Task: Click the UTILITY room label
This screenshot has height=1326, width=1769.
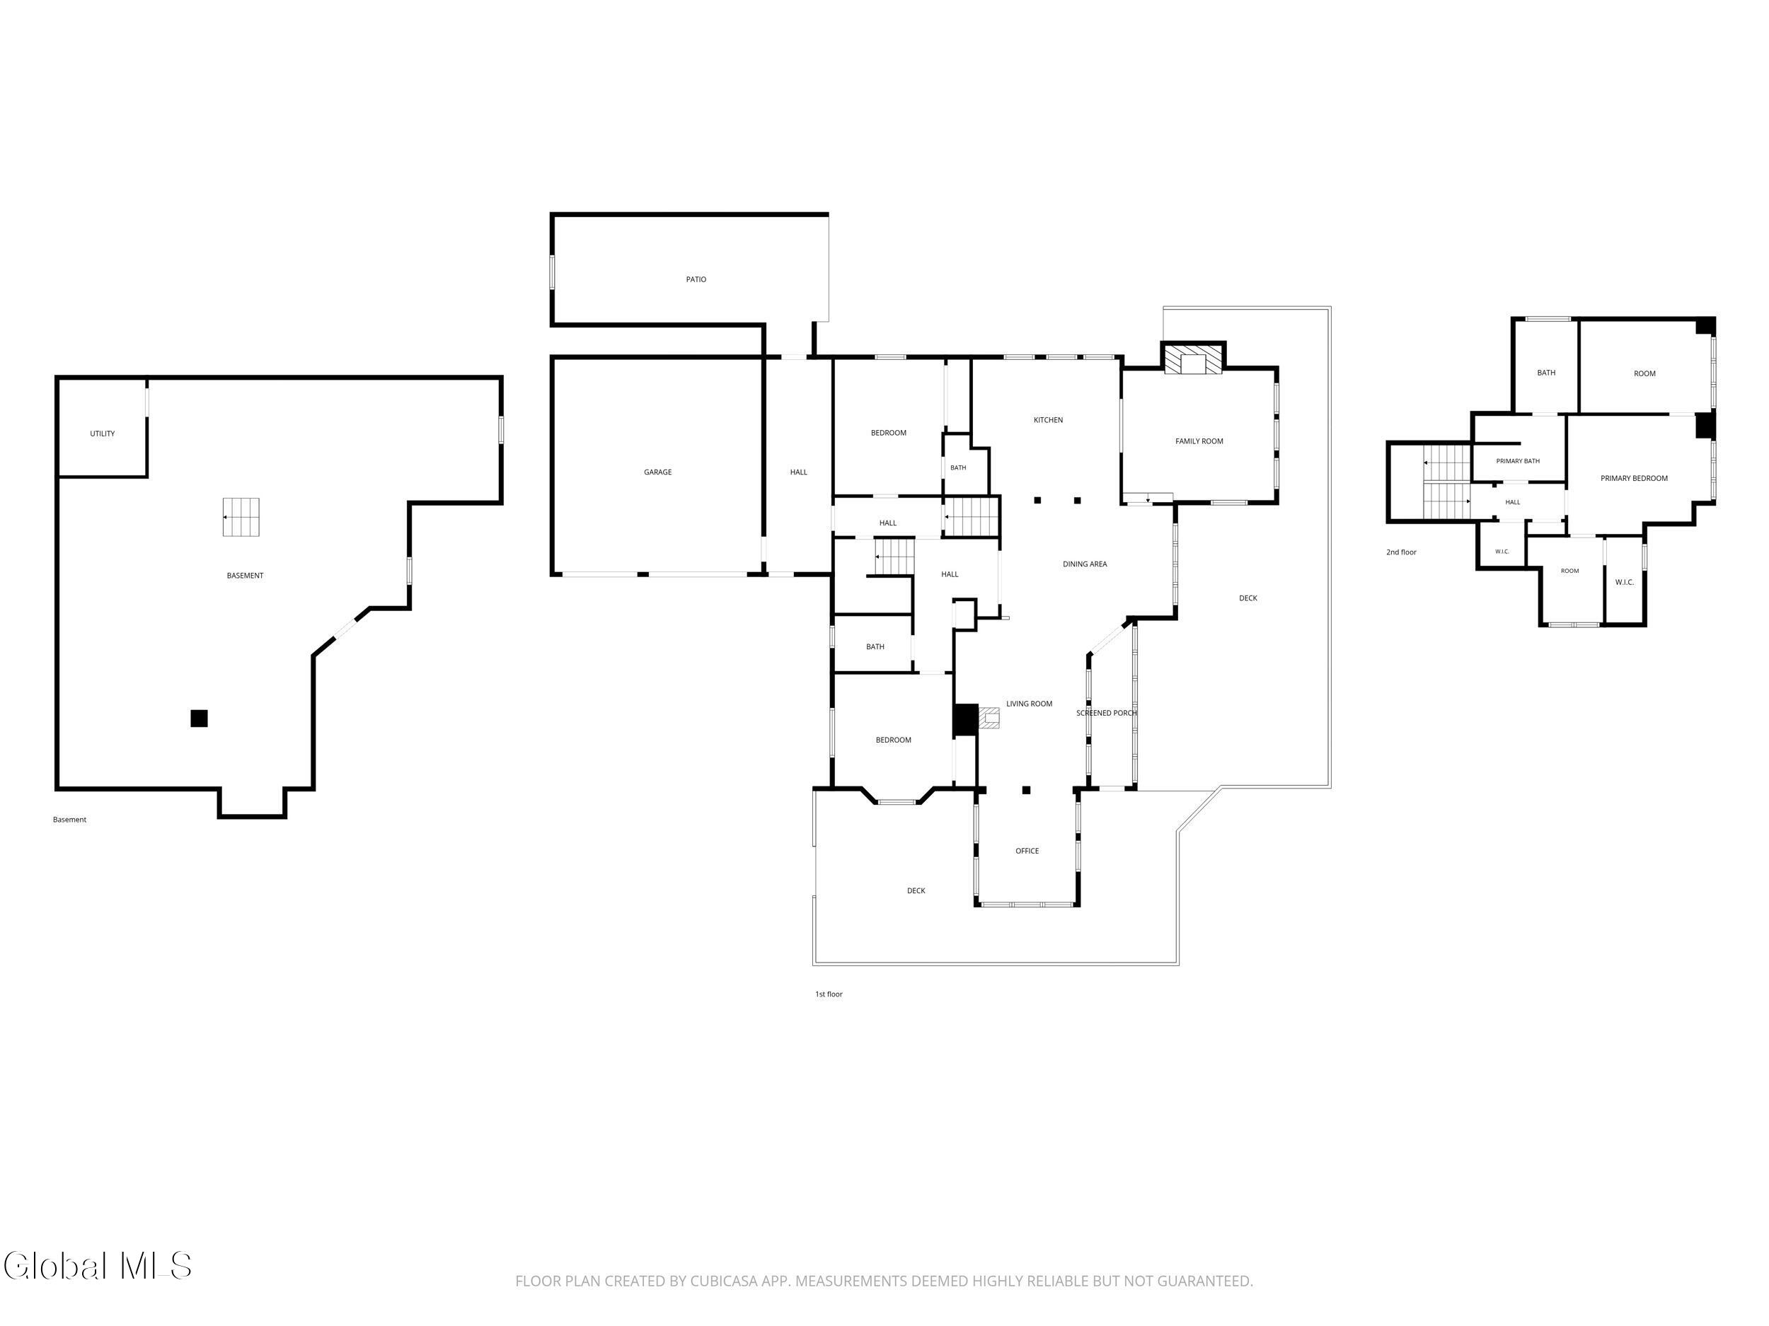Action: (103, 434)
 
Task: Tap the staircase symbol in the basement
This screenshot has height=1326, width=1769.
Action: (241, 517)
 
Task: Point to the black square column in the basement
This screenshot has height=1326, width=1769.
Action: (199, 719)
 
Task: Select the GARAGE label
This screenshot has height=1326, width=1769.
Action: (657, 472)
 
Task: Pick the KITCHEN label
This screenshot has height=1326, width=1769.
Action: (1048, 420)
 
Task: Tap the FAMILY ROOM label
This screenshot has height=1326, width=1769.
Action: (1199, 441)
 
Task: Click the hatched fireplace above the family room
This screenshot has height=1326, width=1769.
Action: (1193, 359)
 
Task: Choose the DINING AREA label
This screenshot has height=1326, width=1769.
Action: (1085, 564)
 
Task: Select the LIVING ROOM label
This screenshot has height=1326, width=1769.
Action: (1030, 704)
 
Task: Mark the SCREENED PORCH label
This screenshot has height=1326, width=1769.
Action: (1106, 713)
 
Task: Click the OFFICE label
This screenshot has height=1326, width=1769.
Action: (1027, 851)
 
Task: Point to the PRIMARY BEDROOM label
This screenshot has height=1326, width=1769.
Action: (1634, 479)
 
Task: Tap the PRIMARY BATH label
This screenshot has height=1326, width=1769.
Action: (1518, 461)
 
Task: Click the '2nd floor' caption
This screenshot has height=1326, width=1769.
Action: (1401, 552)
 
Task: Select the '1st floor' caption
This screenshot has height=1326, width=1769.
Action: (829, 994)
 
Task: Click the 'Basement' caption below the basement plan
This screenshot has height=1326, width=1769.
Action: (69, 819)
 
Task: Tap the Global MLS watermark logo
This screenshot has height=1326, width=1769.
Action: (98, 1266)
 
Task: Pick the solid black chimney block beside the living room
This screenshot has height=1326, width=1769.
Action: (964, 720)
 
